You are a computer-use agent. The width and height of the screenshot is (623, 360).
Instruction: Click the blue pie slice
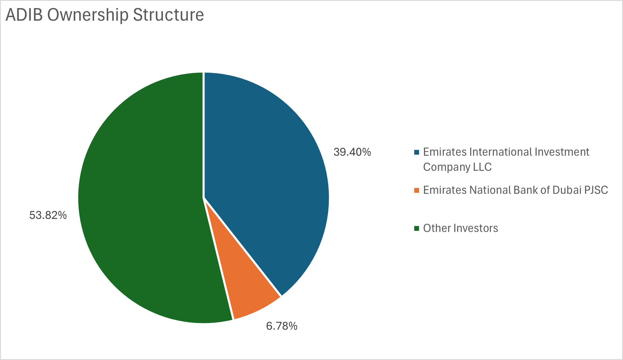click(x=264, y=168)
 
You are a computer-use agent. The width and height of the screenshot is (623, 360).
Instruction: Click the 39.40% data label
click(x=352, y=152)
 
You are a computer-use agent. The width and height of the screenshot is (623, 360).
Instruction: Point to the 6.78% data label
click(x=282, y=326)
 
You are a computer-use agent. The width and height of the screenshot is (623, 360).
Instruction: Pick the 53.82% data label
click(x=48, y=215)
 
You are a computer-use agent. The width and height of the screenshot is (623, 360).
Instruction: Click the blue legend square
click(x=416, y=152)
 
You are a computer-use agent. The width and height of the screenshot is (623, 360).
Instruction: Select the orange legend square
click(x=416, y=190)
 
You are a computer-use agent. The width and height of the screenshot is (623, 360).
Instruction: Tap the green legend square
click(x=416, y=228)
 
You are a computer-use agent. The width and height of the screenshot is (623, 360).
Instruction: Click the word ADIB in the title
click(x=24, y=15)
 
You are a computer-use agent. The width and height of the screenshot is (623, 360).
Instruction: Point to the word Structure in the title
click(x=168, y=15)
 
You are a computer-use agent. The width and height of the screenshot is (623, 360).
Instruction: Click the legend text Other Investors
click(x=460, y=228)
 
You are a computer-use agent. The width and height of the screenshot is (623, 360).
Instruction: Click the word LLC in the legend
click(x=482, y=167)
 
